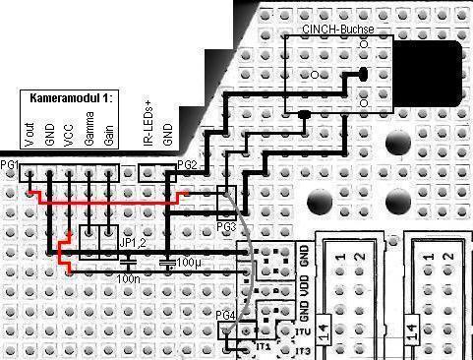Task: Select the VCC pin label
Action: (x=69, y=135)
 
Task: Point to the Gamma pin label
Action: (x=89, y=130)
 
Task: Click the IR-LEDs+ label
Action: (x=148, y=125)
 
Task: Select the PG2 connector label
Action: (x=187, y=164)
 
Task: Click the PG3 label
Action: (x=225, y=227)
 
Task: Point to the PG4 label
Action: (x=225, y=315)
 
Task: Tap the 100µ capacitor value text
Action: (x=185, y=265)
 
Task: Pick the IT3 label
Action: (x=303, y=351)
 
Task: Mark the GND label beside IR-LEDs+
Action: (x=168, y=130)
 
